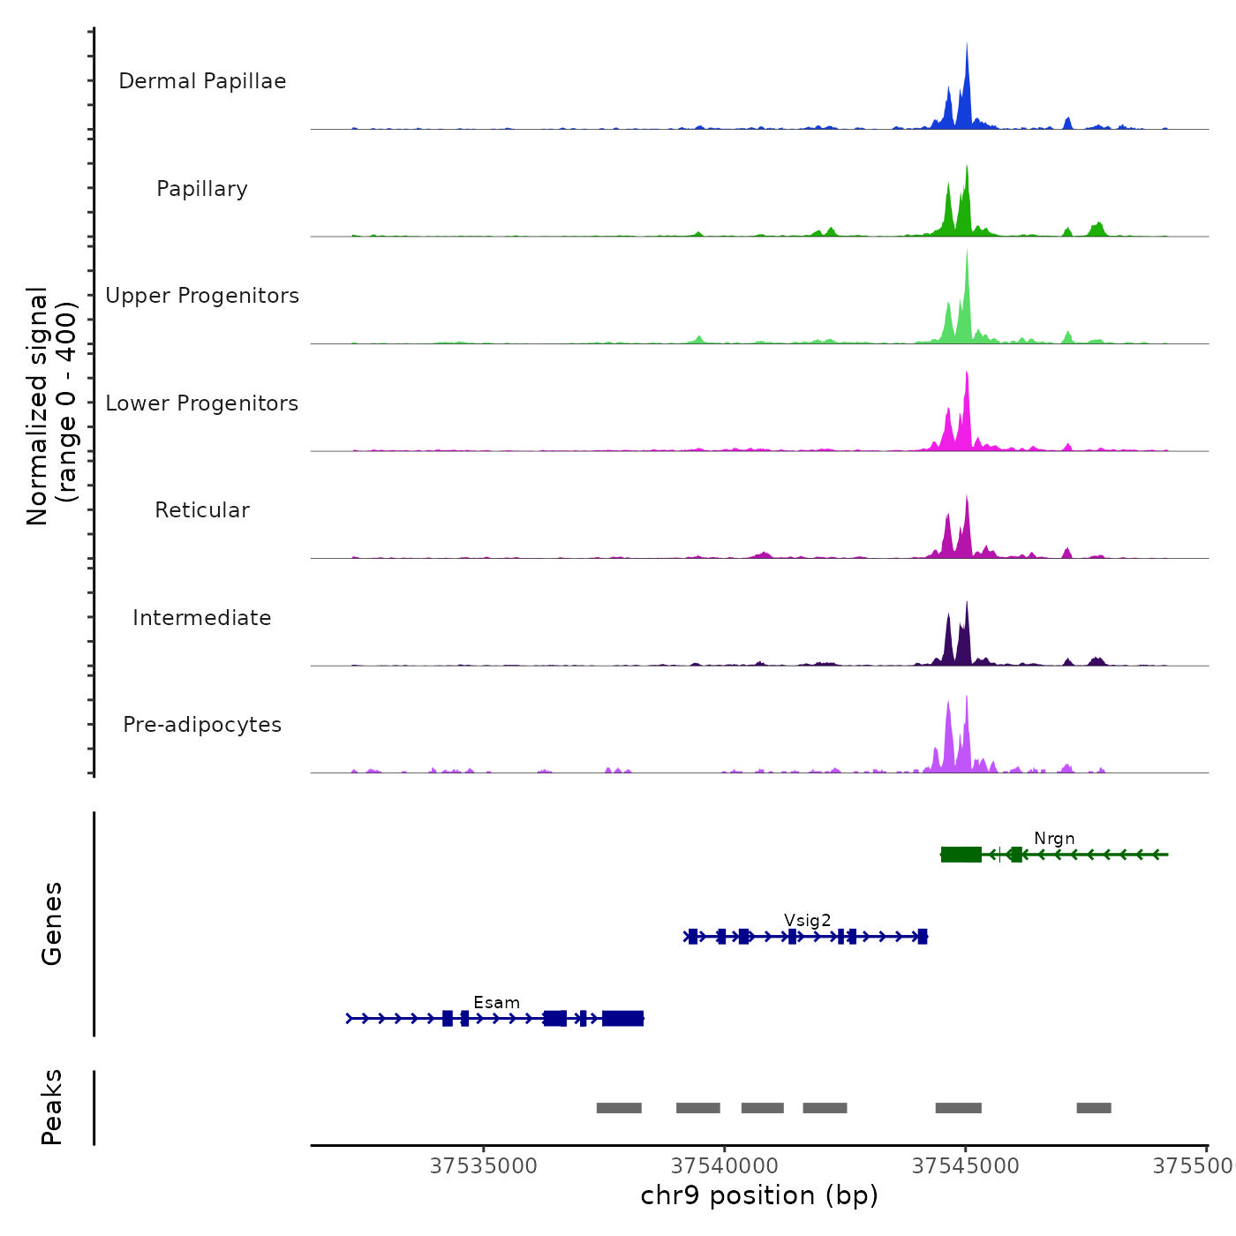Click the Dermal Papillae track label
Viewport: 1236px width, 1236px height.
202,81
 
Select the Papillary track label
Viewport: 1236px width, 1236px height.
202,189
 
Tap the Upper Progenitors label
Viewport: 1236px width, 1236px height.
202,296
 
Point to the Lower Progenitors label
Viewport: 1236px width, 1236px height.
202,403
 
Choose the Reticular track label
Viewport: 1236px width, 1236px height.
202,510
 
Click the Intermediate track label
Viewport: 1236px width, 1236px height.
202,618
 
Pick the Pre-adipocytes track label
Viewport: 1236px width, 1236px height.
202,725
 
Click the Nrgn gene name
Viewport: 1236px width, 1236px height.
1054,839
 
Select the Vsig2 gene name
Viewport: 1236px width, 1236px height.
807,921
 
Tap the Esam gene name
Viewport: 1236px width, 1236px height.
496,1003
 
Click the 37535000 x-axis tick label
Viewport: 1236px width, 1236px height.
484,1166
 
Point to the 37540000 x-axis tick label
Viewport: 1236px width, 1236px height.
725,1166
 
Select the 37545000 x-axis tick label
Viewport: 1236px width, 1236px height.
966,1166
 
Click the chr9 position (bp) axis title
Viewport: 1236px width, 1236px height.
759,1195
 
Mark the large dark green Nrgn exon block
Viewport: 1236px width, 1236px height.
961,855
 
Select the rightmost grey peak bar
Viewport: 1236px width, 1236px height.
1094,1108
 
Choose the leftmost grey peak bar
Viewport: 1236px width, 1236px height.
619,1108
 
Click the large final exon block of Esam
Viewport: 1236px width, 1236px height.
623,1019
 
